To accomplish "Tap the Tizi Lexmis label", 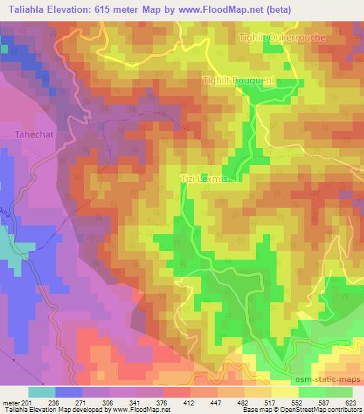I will pos(203,181).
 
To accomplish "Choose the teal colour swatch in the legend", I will pos(42,392).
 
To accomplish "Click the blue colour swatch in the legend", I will pos(69,392).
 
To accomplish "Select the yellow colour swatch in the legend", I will pos(284,392).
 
